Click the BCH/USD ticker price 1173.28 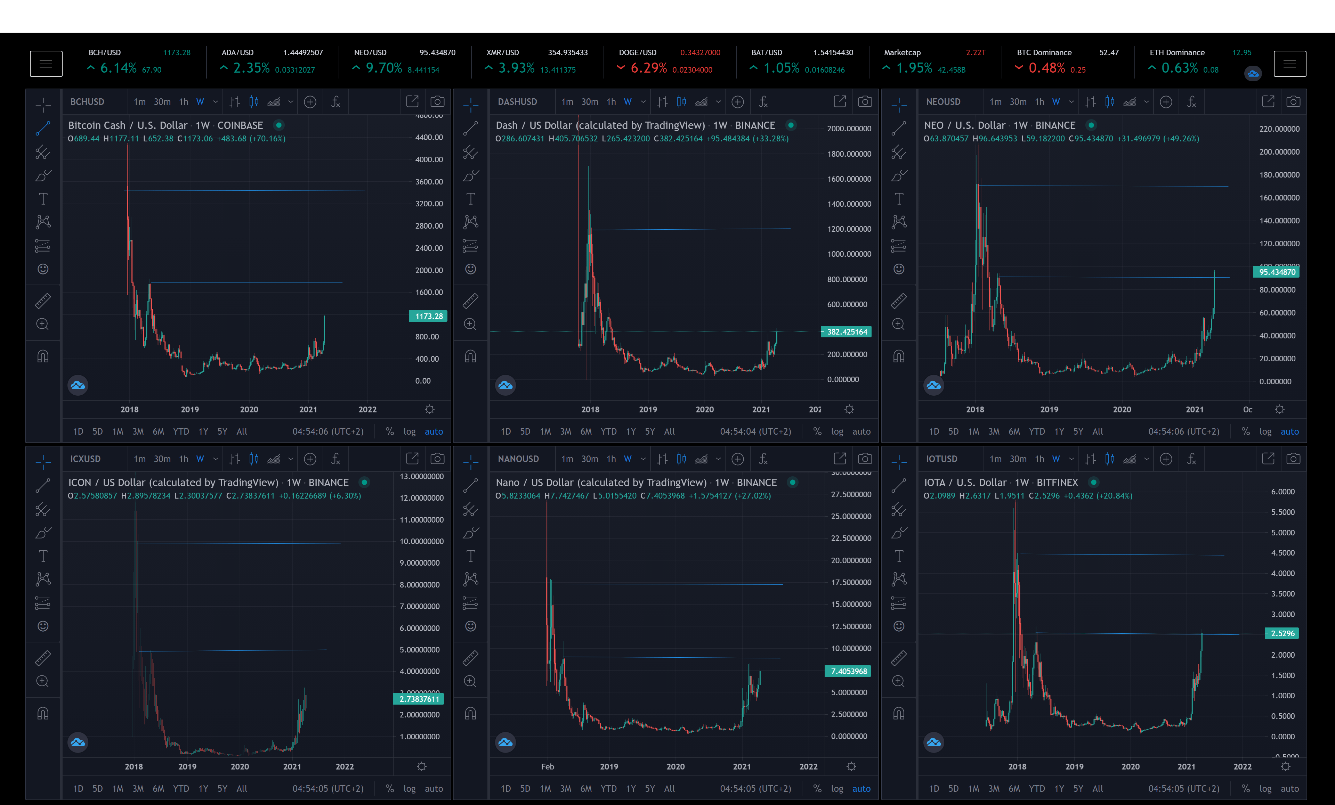point(177,52)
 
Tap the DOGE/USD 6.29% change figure point(648,68)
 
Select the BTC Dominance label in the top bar point(1044,52)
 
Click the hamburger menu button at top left point(46,64)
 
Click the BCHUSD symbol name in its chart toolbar point(87,102)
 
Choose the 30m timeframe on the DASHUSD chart point(590,102)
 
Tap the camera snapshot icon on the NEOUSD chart point(1293,102)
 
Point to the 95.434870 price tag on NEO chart point(1277,272)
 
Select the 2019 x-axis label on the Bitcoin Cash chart point(189,409)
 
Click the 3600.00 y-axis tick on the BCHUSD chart point(429,181)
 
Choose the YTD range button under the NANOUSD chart point(608,789)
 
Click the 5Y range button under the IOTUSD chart point(1078,789)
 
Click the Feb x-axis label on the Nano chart point(547,766)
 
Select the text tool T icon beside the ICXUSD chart point(43,556)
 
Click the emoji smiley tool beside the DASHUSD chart point(470,269)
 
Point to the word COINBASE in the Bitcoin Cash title point(240,125)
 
